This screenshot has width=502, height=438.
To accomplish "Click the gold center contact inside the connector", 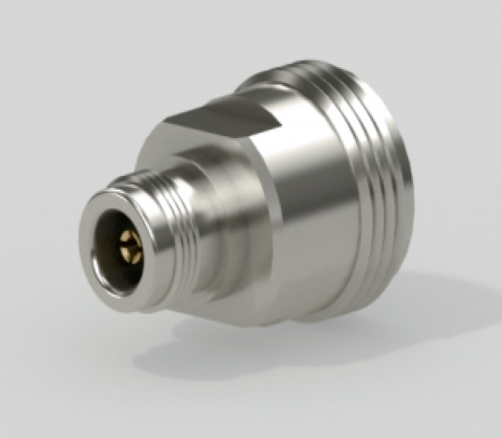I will [130, 244].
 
